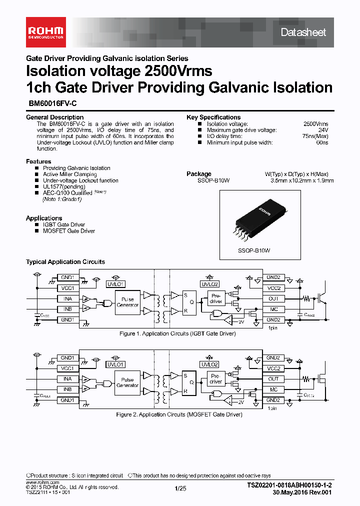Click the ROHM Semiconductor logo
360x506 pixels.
point(45,32)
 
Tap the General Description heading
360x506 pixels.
point(54,117)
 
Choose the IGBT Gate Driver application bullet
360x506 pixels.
point(64,225)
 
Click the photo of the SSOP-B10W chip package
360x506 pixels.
point(254,220)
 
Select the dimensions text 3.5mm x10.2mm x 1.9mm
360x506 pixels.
point(302,180)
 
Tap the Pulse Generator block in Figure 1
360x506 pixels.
point(127,302)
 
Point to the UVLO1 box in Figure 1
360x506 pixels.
point(115,284)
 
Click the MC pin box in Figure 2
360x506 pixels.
point(273,389)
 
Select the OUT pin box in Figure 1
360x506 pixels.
point(273,298)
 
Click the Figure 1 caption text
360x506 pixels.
point(177,333)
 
